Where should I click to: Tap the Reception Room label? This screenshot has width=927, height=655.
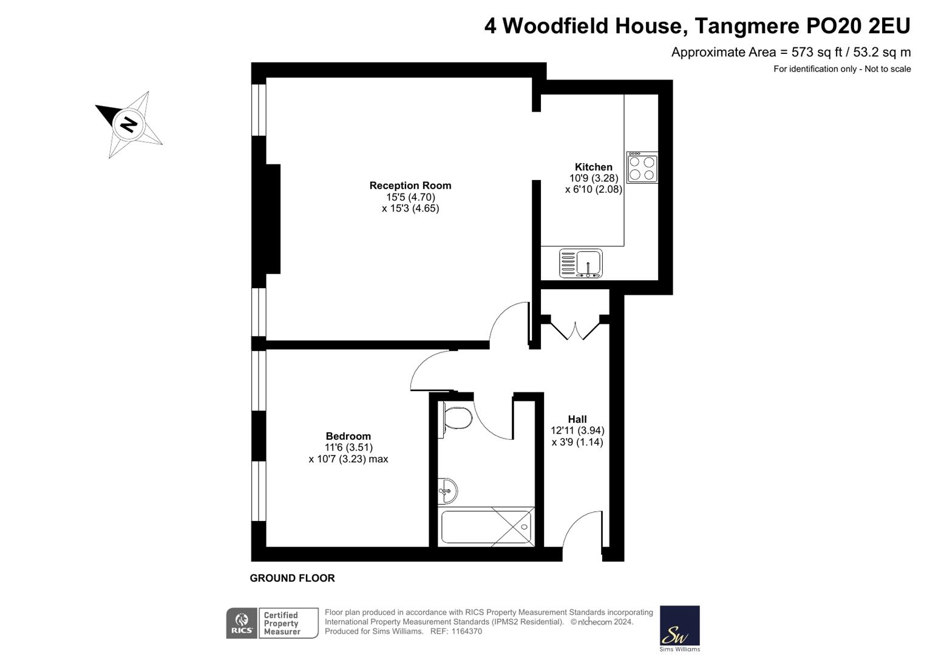click(410, 186)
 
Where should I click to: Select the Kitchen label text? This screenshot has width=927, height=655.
click(593, 167)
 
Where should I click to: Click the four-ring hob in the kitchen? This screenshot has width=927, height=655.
click(642, 168)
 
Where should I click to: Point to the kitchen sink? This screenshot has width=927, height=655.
click(580, 264)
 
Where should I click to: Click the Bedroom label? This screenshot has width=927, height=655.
click(348, 436)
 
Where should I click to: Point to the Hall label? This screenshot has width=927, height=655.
click(577, 419)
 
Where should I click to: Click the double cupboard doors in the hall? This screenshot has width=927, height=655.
click(575, 328)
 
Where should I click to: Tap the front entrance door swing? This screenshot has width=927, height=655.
click(582, 531)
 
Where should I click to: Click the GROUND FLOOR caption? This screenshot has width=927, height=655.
click(292, 578)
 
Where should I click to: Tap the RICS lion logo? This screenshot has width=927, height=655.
click(241, 623)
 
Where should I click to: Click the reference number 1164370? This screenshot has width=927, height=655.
click(464, 631)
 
